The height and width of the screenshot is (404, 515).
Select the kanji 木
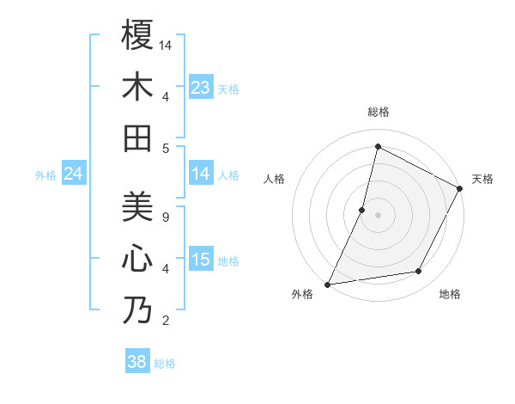[x=137, y=87]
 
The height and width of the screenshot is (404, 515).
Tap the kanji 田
[x=137, y=138]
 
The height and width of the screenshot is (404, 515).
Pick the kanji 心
[x=137, y=259]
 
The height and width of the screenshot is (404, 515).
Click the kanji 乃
[x=137, y=310]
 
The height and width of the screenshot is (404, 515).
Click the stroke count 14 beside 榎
[x=167, y=45]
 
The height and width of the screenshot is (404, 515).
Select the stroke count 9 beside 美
[x=165, y=217]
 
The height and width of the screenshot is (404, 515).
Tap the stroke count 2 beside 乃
[x=165, y=321]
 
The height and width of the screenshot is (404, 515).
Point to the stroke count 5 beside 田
[x=165, y=149]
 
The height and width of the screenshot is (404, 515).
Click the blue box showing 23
[x=201, y=87]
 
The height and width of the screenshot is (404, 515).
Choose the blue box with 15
[x=201, y=260]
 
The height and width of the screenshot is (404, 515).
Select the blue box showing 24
[x=73, y=174]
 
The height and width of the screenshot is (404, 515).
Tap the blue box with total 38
[x=137, y=362]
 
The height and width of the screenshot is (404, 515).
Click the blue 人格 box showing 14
[x=201, y=174]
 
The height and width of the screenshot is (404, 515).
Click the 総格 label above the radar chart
[x=378, y=113]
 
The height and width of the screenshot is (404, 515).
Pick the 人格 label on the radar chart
[x=275, y=179]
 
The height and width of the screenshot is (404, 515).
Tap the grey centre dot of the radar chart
[x=378, y=214]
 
